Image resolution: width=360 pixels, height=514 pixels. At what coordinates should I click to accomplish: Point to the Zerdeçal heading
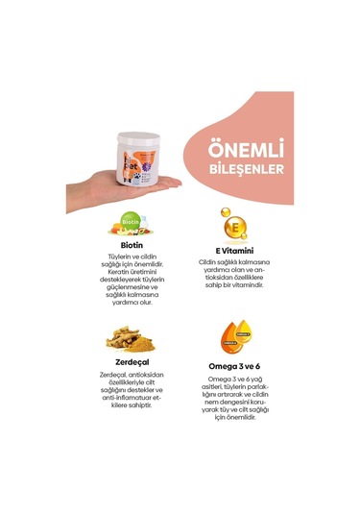(132, 361)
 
